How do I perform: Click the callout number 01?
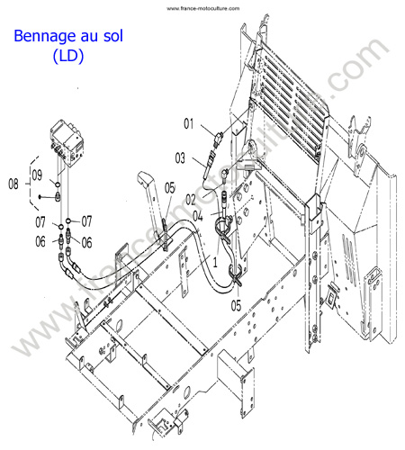click(189, 123)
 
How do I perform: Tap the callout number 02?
click(191, 200)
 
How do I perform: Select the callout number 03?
click(180, 158)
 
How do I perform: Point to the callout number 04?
click(198, 216)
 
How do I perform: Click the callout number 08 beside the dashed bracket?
click(13, 184)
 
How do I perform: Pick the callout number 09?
click(37, 175)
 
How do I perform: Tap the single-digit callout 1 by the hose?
click(215, 262)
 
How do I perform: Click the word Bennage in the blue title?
click(41, 36)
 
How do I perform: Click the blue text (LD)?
click(68, 56)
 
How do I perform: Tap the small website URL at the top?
click(203, 8)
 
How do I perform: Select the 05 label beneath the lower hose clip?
click(236, 306)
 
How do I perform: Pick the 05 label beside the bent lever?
click(170, 188)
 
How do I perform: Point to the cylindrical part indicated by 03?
click(209, 165)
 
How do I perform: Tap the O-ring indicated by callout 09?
click(58, 184)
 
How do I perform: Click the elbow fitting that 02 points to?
click(224, 174)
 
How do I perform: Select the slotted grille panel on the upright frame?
click(291, 99)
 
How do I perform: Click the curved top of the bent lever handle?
click(143, 177)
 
